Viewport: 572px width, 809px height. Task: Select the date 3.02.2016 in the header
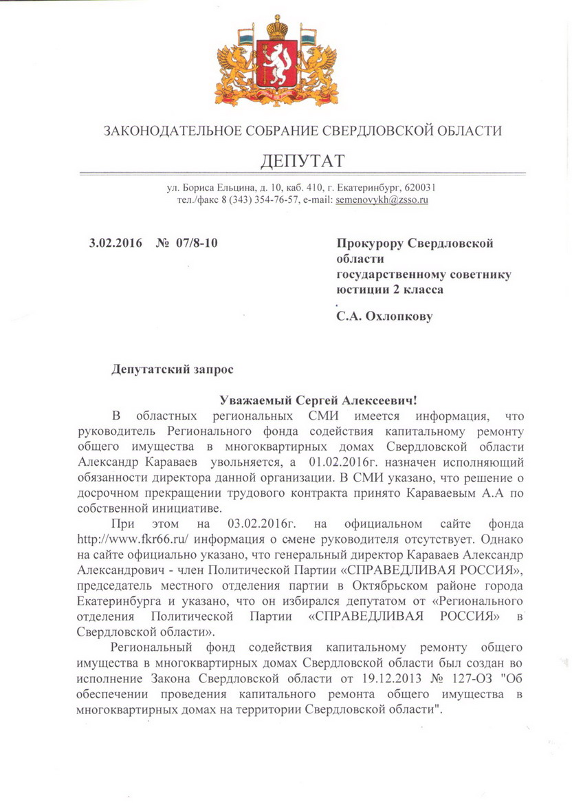pos(115,242)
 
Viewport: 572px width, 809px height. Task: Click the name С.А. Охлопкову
pos(384,319)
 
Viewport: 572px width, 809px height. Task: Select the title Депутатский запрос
pos(173,369)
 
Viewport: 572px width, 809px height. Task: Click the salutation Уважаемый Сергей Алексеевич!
pos(318,400)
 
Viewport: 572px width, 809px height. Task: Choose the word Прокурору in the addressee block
pos(368,242)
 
